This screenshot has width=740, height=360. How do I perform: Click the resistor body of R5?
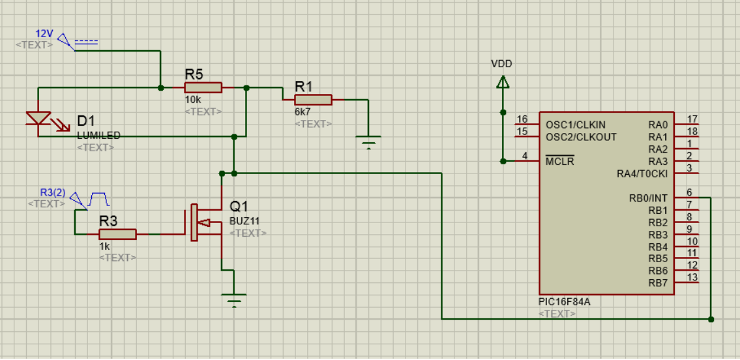pyautogui.click(x=203, y=88)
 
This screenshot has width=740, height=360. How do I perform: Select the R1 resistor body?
pyautogui.click(x=313, y=100)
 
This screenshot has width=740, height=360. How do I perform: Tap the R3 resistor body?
pyautogui.click(x=117, y=235)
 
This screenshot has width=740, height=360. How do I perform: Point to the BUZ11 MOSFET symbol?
pyautogui.click(x=206, y=222)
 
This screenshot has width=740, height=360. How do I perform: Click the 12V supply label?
pyautogui.click(x=44, y=35)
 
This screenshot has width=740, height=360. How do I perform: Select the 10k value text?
pyautogui.click(x=193, y=100)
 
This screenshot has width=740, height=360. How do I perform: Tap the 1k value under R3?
pyautogui.click(x=104, y=247)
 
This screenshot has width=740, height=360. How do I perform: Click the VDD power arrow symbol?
pyautogui.click(x=503, y=83)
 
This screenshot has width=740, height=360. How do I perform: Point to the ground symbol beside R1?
pyautogui.click(x=368, y=142)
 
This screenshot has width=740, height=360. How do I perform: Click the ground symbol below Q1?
pyautogui.click(x=234, y=300)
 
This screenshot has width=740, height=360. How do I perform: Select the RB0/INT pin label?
pyautogui.click(x=649, y=198)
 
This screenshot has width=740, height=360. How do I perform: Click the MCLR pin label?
pyautogui.click(x=559, y=161)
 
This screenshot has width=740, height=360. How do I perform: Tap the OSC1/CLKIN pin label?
pyautogui.click(x=575, y=125)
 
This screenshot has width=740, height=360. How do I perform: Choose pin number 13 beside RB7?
pyautogui.click(x=692, y=277)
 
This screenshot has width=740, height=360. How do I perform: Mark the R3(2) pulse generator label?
pyautogui.click(x=53, y=192)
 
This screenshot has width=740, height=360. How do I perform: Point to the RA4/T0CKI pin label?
pyautogui.click(x=642, y=173)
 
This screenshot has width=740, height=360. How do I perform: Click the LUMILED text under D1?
pyautogui.click(x=98, y=136)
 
